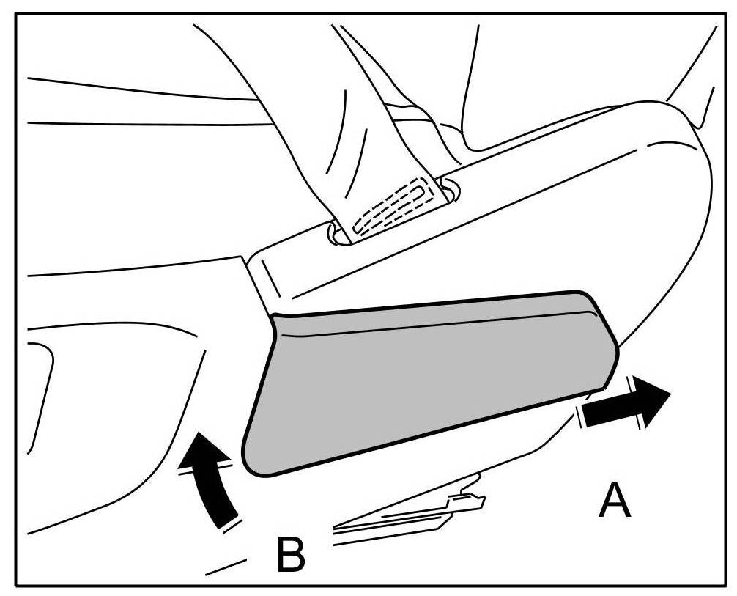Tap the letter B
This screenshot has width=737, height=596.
point(290,554)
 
